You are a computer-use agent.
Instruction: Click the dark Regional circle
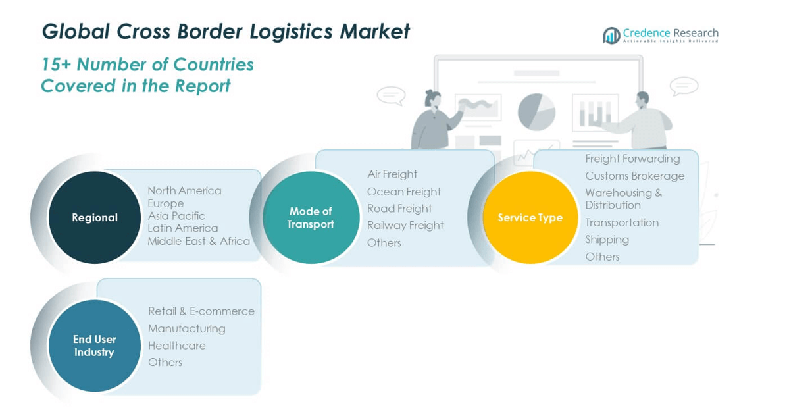pyautogui.click(x=95, y=217)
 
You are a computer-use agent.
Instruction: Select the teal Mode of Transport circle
pyautogui.click(x=311, y=217)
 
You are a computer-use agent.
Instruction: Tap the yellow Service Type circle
pyautogui.click(x=530, y=217)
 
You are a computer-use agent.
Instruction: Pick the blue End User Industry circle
pyautogui.click(x=94, y=346)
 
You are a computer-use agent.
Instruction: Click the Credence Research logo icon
pyautogui.click(x=612, y=36)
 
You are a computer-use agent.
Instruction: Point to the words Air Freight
pyautogui.click(x=392, y=174)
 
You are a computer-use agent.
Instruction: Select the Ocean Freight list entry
pyautogui.click(x=404, y=192)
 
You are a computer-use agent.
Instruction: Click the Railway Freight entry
pyautogui.click(x=405, y=226)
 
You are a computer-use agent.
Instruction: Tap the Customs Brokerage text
pyautogui.click(x=635, y=176)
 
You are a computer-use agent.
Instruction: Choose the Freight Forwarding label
pyautogui.click(x=633, y=159)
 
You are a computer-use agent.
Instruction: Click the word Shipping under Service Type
pyautogui.click(x=607, y=240)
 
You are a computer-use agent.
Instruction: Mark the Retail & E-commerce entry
pyautogui.click(x=201, y=311)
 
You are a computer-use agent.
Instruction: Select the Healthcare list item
pyautogui.click(x=177, y=346)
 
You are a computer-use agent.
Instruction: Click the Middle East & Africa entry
pyautogui.click(x=199, y=241)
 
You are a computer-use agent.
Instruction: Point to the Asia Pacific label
pyautogui.click(x=176, y=216)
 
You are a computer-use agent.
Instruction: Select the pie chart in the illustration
pyautogui.click(x=536, y=111)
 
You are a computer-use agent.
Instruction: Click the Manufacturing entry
pyautogui.click(x=187, y=328)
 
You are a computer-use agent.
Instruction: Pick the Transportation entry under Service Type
pyautogui.click(x=622, y=222)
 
